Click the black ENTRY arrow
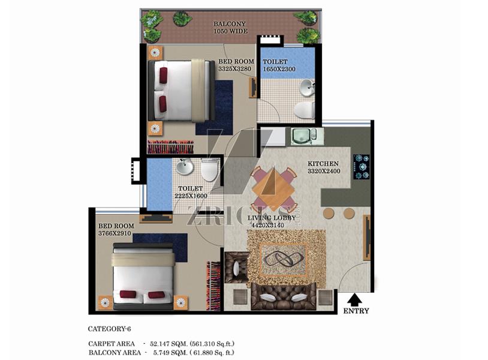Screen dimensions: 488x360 (354, 299)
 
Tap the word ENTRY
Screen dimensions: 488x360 (356, 311)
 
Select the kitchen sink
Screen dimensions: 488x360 (300, 136)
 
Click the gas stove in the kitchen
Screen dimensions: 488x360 (362, 167)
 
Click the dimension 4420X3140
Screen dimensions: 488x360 (267, 225)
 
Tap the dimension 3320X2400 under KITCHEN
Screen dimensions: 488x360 (324, 171)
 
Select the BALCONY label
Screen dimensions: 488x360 (230, 23)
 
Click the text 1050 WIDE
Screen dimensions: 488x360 (231, 31)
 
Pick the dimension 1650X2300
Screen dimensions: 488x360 (279, 69)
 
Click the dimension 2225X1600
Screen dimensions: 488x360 (191, 196)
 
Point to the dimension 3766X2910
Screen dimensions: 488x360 (115, 233)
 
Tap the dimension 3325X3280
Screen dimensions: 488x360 (234, 69)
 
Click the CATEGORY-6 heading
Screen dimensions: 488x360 (110, 329)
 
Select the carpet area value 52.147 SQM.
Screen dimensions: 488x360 (168, 344)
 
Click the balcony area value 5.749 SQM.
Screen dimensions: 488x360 (170, 353)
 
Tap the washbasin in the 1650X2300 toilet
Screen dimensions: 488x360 (307, 87)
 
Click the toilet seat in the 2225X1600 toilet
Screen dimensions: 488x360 (209, 170)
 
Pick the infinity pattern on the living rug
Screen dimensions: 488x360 (283, 259)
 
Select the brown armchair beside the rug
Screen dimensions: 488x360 (237, 268)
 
